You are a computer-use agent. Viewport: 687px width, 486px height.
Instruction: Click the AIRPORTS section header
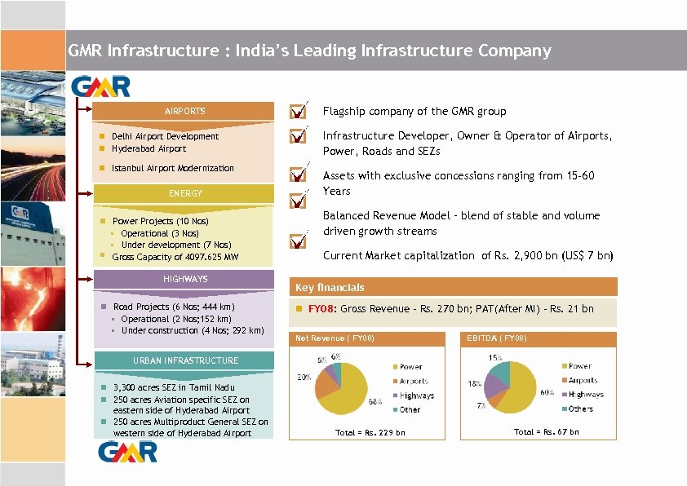point(185,111)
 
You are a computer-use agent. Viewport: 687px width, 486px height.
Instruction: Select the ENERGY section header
point(185,193)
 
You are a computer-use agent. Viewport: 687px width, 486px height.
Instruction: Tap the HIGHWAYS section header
point(185,279)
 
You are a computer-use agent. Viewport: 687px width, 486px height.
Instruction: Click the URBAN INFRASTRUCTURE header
point(185,360)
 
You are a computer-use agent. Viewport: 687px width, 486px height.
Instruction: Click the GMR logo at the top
point(100,86)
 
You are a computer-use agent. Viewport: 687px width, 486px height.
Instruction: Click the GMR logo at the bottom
point(128,452)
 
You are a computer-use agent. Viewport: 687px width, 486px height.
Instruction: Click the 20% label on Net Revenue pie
point(304,378)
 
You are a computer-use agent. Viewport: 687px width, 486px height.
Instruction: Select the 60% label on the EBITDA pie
point(547,392)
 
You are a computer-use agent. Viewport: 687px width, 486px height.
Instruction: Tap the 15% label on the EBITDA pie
point(495,358)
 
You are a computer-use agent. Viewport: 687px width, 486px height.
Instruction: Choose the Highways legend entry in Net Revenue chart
point(416,395)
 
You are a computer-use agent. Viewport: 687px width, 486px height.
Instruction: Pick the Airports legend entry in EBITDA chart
point(582,381)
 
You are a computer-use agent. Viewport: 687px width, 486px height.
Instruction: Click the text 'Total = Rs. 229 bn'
point(370,432)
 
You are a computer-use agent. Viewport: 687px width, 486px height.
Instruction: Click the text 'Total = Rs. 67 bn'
point(546,431)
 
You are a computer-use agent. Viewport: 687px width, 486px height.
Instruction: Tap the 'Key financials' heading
point(330,288)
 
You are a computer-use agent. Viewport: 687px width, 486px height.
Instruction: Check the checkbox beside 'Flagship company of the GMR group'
point(299,110)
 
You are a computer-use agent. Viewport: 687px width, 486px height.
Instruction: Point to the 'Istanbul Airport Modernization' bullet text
point(172,168)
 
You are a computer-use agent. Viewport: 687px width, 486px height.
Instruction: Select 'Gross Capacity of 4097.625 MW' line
point(175,257)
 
